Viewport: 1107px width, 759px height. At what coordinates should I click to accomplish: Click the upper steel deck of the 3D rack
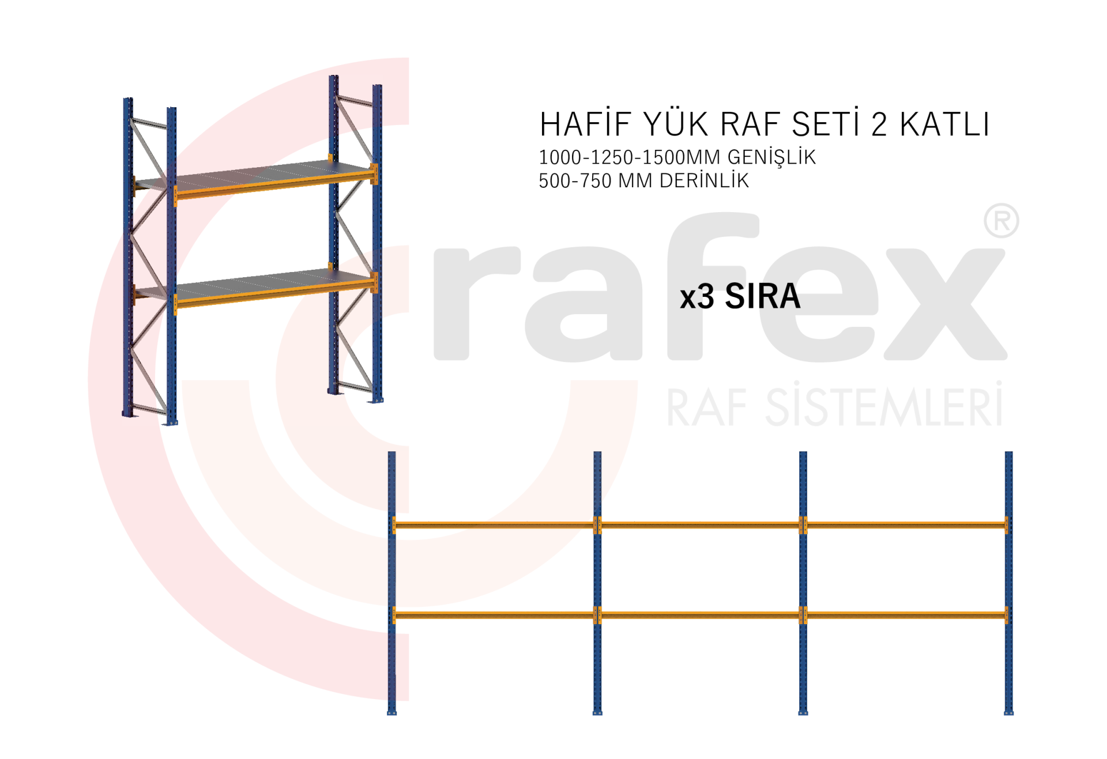point(254,173)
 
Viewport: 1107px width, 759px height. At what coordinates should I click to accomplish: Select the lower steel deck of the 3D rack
point(254,282)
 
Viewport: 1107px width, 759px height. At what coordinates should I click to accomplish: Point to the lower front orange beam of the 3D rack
point(271,293)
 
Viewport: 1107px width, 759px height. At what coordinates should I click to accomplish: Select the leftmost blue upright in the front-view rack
point(391,576)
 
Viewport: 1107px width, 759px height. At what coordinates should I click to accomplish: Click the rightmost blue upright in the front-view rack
point(1008,576)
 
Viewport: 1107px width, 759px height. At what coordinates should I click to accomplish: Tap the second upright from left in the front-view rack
point(597,576)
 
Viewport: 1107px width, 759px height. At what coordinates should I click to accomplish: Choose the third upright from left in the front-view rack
point(803,576)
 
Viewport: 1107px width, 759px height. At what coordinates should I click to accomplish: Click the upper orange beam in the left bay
point(495,525)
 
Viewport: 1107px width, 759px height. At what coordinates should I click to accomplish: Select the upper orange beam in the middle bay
point(700,525)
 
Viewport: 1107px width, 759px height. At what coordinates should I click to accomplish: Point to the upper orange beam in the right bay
point(905,525)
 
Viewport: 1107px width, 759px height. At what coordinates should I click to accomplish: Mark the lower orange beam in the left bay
point(495,615)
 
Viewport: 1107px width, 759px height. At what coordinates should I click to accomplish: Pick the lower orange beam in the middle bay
point(700,615)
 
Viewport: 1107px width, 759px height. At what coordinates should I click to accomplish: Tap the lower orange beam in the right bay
point(905,615)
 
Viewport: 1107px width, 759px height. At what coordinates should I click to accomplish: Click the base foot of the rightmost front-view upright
point(1008,712)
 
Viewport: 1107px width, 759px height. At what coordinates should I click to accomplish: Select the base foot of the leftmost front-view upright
point(392,712)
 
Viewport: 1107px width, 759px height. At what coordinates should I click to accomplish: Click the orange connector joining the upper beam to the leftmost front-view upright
point(395,525)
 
